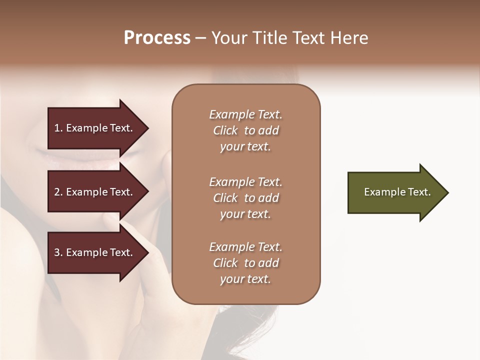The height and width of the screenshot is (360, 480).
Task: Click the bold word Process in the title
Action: pos(157,38)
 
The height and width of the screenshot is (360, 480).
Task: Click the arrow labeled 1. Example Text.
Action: pos(95,128)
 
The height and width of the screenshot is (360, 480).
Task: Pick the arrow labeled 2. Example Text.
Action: pos(95,192)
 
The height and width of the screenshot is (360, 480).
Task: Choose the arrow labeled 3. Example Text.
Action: pos(95,252)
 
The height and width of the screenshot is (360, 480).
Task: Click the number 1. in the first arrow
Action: pos(58,128)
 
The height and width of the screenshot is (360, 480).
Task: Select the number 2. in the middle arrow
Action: pos(58,192)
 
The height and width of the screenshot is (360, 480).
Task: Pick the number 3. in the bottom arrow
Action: pos(58,252)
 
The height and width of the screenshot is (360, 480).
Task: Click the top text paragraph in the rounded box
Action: pos(245,130)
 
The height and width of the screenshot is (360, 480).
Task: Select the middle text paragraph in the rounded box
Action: pos(245,198)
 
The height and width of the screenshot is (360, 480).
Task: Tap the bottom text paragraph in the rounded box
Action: pos(245,263)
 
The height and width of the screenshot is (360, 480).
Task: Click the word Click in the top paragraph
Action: pos(225,130)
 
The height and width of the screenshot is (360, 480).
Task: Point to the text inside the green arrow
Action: pos(397,192)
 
